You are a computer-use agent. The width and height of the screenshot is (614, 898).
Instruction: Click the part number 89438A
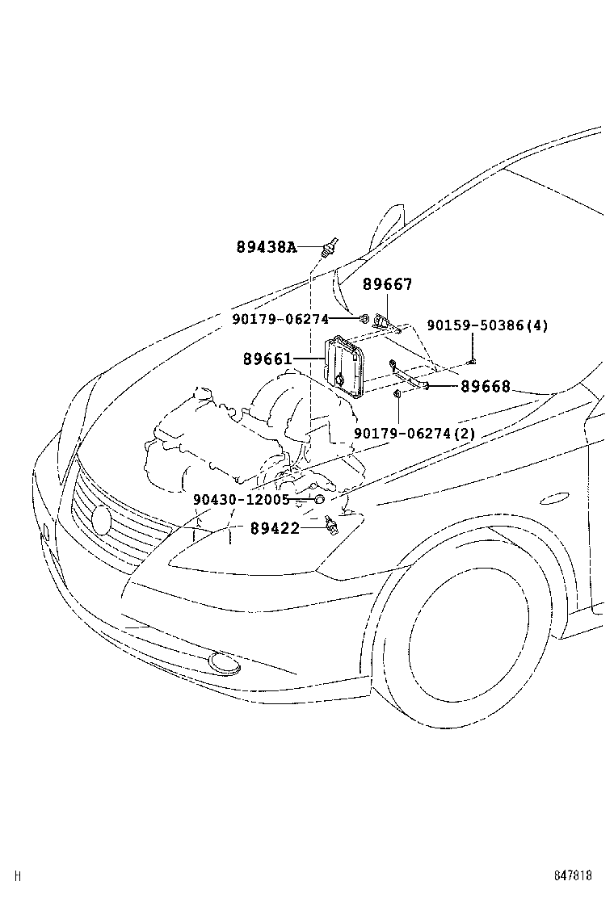click(x=267, y=248)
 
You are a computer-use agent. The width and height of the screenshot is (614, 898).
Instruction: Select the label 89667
click(x=387, y=284)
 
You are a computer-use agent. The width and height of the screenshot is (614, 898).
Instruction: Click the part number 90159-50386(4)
click(x=487, y=325)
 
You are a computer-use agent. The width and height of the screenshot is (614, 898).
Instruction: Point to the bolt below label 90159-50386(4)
click(x=472, y=360)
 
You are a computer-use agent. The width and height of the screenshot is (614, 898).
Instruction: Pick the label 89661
click(x=267, y=359)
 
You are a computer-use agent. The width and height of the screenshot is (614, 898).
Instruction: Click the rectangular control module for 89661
click(x=346, y=368)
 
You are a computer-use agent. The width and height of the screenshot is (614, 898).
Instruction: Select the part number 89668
click(x=486, y=387)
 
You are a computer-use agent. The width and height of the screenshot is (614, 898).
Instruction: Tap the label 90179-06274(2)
click(x=414, y=434)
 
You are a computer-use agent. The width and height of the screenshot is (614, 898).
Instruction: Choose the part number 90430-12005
click(x=241, y=500)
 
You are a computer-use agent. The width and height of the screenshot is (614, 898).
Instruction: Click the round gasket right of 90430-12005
click(x=319, y=500)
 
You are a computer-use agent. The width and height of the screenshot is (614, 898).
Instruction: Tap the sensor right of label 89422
click(x=330, y=527)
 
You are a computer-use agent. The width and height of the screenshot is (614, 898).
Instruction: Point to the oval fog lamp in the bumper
click(x=224, y=663)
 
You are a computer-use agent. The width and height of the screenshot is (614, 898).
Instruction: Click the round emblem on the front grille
click(x=102, y=518)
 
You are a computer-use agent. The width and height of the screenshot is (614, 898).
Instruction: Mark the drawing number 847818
click(x=573, y=875)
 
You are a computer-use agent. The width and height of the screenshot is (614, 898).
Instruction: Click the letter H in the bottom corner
click(x=17, y=875)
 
